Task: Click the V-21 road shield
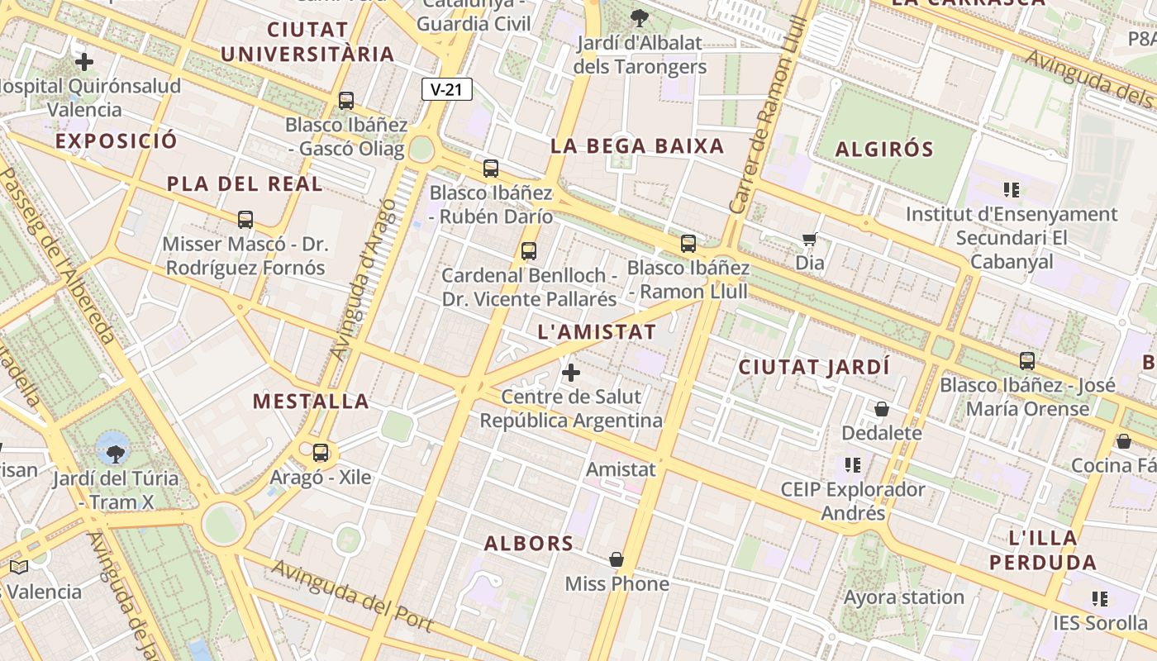pos(447,89)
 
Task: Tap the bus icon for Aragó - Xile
pos(321,452)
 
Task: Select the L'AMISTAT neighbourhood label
pos(597,332)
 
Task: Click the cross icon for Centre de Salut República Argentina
pos(571,373)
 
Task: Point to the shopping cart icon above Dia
pos(810,240)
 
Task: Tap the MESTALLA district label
pos(311,402)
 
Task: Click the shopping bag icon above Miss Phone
pos(617,559)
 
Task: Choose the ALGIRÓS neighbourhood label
pos(884,150)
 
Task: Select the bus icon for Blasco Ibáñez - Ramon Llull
pos(688,244)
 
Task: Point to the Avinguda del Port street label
pos(353,596)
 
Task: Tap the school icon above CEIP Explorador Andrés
pos(853,465)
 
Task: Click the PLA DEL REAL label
pos(245,183)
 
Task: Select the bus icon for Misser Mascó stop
pos(245,220)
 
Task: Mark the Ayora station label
pos(904,597)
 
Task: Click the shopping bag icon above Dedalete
pos(882,409)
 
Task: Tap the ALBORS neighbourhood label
pos(529,543)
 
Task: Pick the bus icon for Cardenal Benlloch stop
pos(529,251)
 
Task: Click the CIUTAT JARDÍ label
pos(814,367)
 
